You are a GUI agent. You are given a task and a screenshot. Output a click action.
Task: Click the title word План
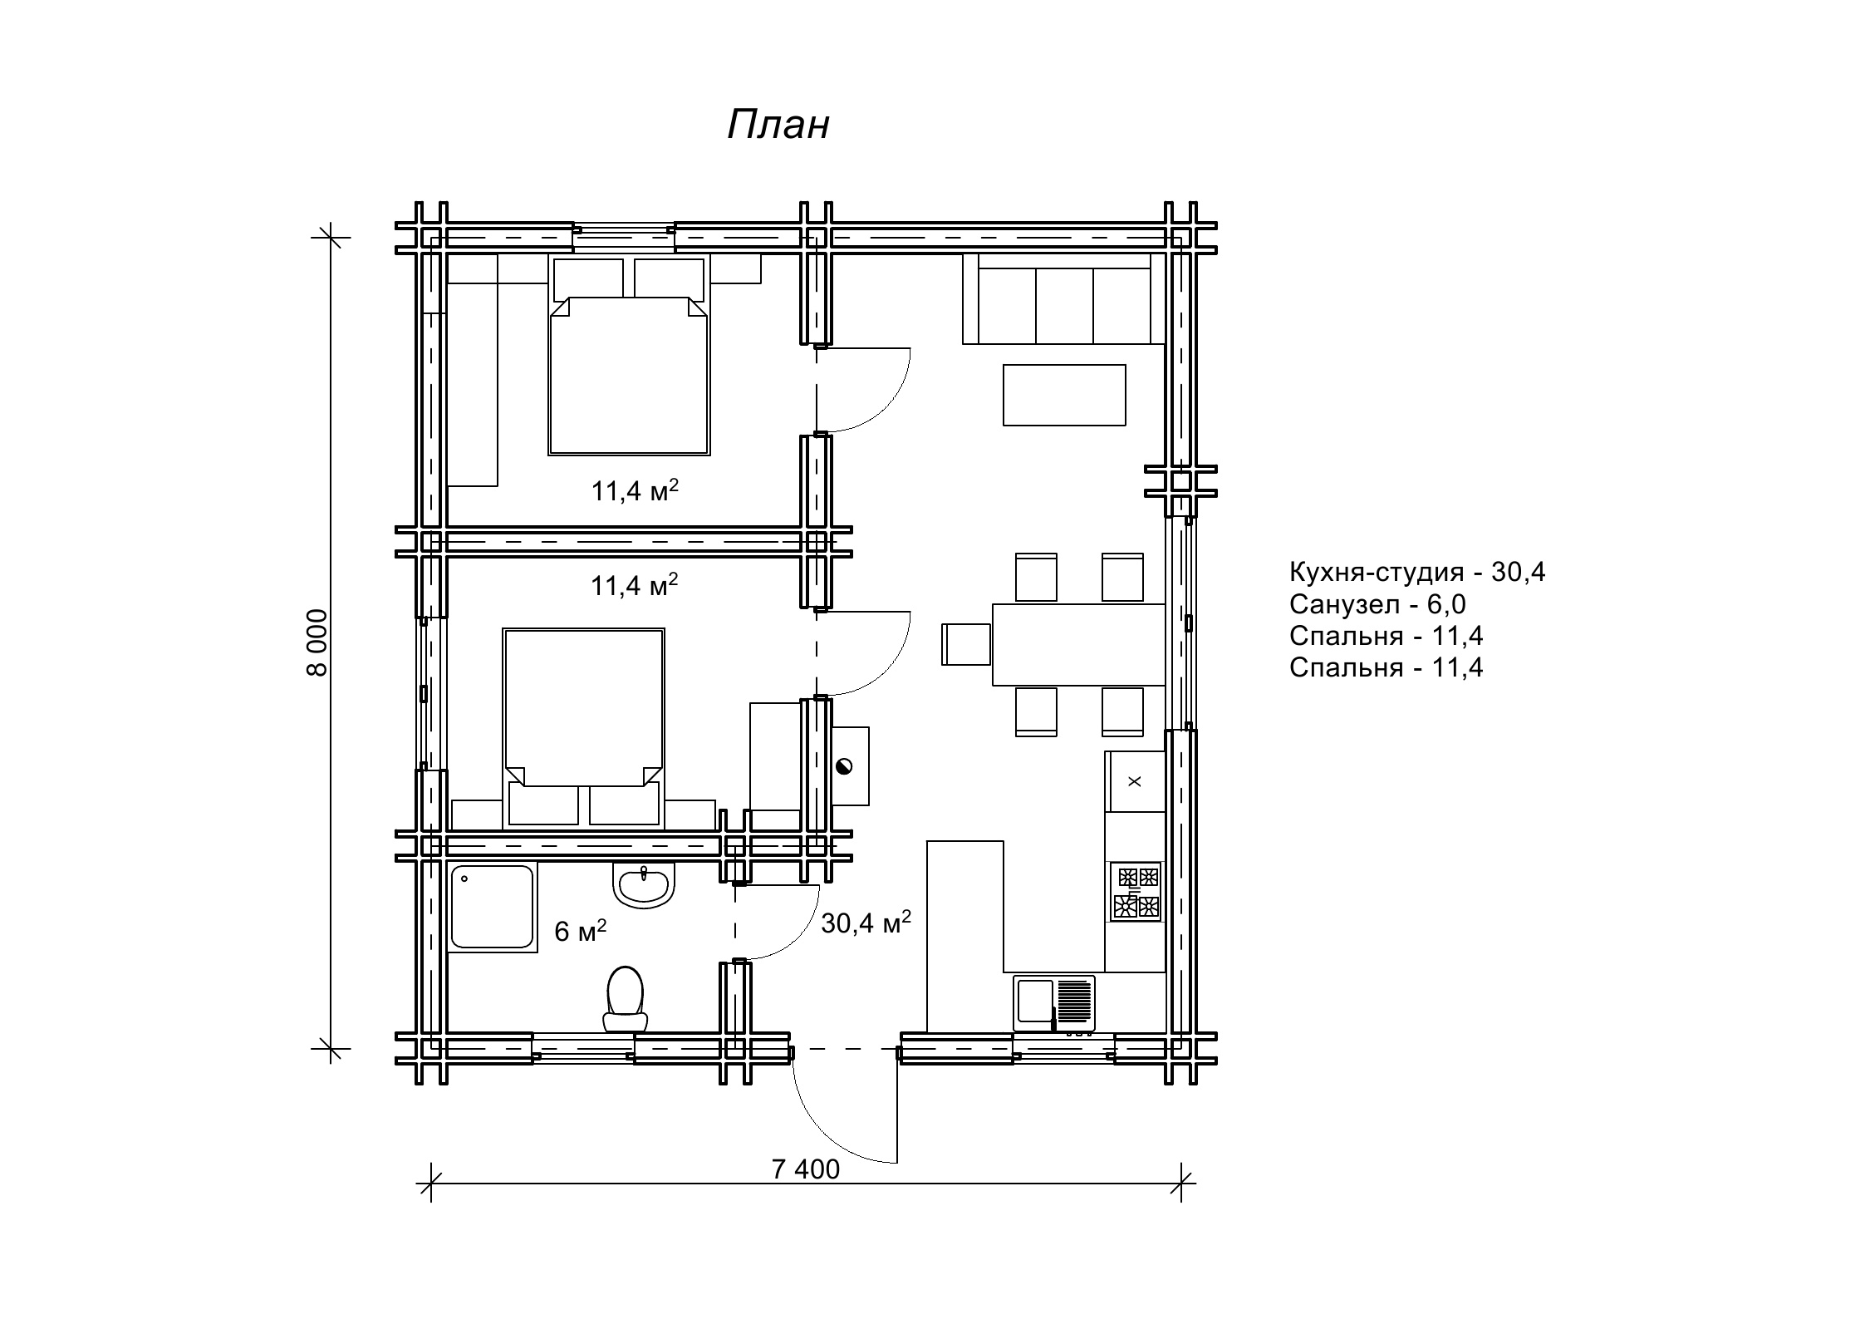(x=778, y=126)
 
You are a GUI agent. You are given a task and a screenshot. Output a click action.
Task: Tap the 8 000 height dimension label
(x=318, y=642)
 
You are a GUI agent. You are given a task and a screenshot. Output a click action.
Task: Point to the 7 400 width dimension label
(x=805, y=1169)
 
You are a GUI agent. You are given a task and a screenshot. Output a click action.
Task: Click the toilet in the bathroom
(x=626, y=999)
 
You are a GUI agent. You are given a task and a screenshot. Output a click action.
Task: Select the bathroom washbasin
(x=644, y=885)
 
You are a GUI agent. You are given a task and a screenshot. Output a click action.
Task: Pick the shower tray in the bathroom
(x=492, y=907)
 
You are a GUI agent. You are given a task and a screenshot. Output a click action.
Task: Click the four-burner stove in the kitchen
(x=1135, y=891)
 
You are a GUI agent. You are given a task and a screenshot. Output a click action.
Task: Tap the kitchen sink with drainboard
(x=1054, y=1003)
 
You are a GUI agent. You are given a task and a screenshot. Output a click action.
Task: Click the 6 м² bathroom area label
(x=580, y=931)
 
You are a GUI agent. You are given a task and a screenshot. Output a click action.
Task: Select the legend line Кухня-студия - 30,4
(x=1417, y=572)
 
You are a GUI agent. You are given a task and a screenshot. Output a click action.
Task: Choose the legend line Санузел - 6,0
(x=1378, y=604)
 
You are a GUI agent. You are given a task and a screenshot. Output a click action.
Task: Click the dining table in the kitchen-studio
(x=1079, y=645)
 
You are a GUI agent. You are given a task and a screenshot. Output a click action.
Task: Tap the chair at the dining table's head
(x=966, y=645)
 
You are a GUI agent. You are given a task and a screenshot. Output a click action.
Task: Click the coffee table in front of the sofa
(x=1064, y=395)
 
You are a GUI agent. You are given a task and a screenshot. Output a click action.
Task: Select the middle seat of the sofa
(x=1064, y=305)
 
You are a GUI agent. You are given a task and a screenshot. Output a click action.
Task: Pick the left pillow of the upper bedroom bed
(x=588, y=278)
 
